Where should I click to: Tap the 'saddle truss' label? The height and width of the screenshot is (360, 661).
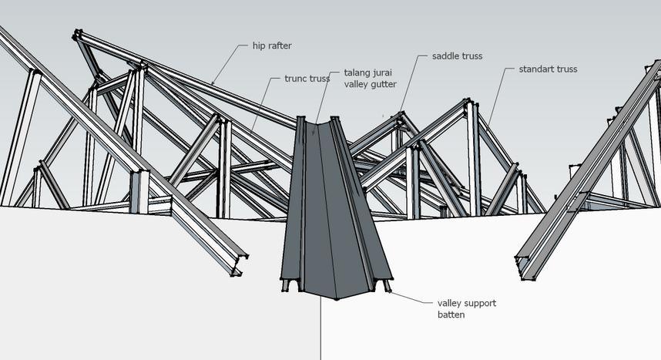point(457,56)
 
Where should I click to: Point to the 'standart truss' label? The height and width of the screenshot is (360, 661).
point(548,69)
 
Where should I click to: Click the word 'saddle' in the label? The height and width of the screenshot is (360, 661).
point(445,56)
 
